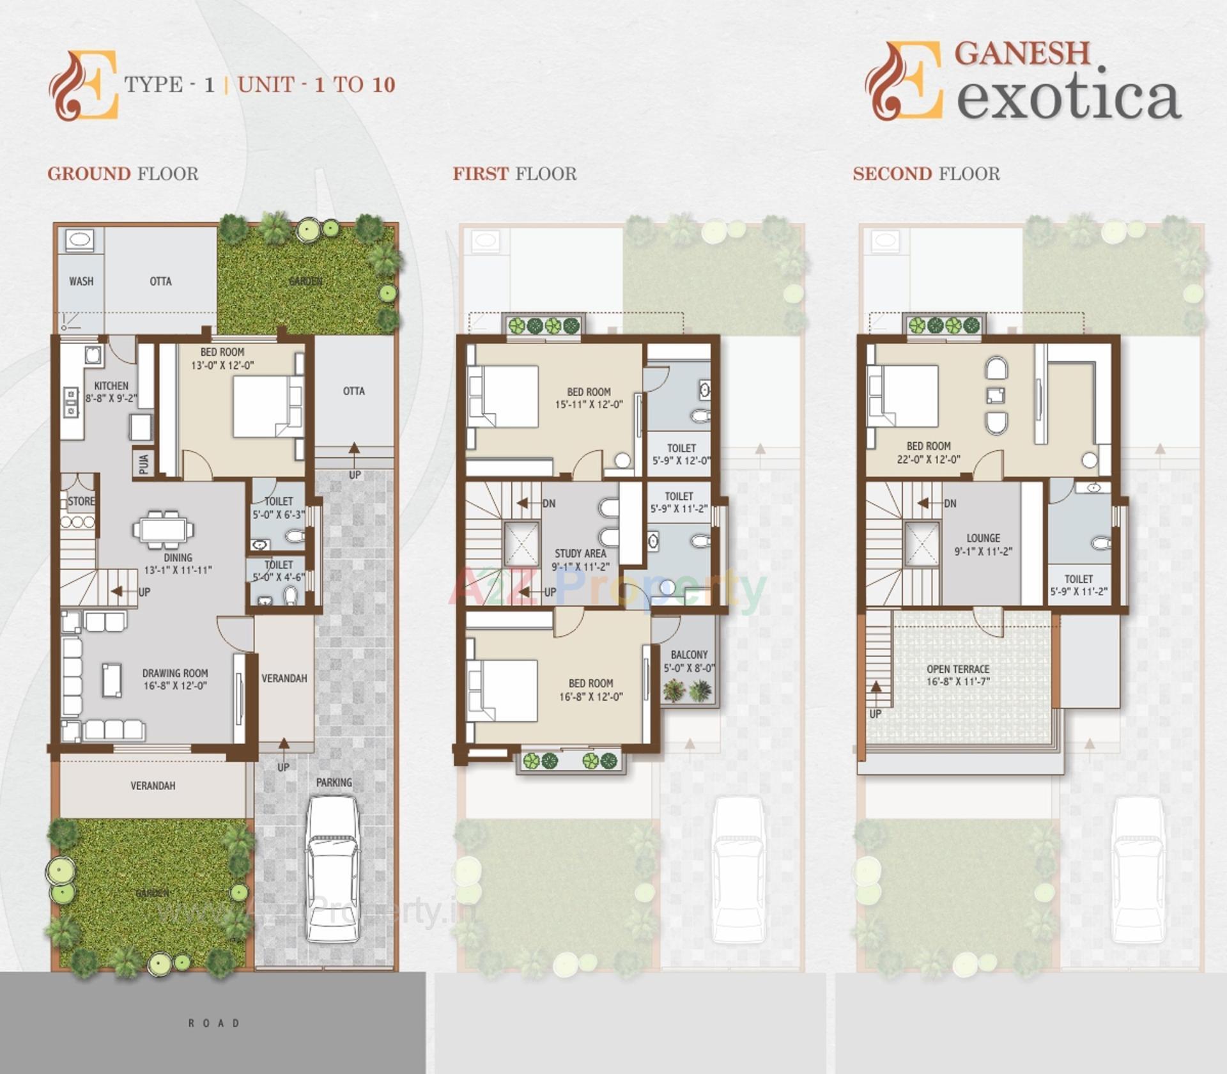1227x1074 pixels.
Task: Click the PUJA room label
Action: click(144, 463)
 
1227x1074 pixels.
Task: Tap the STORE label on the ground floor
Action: click(81, 501)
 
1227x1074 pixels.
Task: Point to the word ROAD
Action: click(213, 1023)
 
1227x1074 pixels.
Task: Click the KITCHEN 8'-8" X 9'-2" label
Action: click(111, 391)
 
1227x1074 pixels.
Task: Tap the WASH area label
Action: click(81, 281)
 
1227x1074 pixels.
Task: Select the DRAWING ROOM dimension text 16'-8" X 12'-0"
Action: click(175, 686)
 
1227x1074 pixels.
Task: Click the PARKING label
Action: click(334, 782)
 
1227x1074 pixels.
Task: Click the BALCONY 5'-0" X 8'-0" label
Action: click(689, 661)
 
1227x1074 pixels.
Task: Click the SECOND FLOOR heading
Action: click(926, 173)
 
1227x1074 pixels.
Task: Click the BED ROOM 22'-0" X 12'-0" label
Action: click(929, 452)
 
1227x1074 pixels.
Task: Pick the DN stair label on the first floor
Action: click(548, 503)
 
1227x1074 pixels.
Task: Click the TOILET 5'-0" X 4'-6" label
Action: click(279, 571)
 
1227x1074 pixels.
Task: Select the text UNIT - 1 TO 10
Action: click(316, 84)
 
